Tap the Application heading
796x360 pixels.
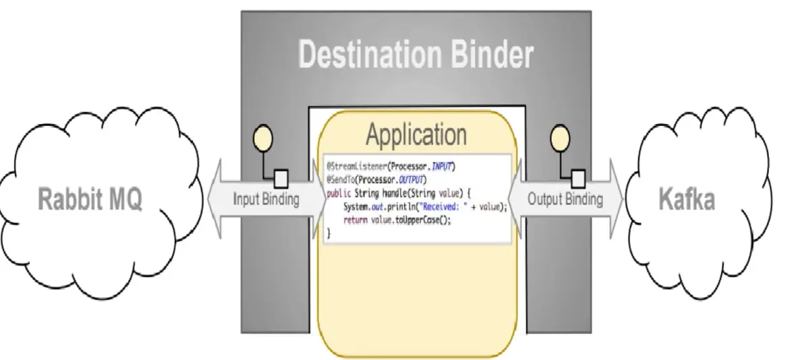(x=416, y=135)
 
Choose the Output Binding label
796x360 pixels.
(x=565, y=200)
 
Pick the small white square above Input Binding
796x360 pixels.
(x=281, y=179)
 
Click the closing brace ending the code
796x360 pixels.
(x=329, y=233)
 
